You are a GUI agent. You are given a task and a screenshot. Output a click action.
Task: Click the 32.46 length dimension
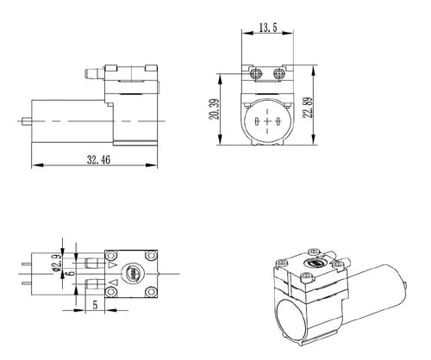pyautogui.click(x=98, y=159)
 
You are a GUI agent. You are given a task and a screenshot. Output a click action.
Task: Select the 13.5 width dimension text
pyautogui.click(x=268, y=28)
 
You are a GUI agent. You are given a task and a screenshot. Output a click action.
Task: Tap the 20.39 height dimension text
pyautogui.click(x=215, y=109)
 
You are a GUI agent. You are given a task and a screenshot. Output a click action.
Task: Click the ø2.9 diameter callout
pyautogui.click(x=57, y=263)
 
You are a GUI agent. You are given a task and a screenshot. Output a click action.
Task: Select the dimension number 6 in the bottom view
pyautogui.click(x=71, y=272)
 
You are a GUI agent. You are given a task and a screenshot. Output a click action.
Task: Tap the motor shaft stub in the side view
pyautogui.click(x=27, y=121)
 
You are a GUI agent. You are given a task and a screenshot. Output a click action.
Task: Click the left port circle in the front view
pyautogui.click(x=255, y=74)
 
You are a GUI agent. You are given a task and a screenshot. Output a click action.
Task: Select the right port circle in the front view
pyautogui.click(x=278, y=74)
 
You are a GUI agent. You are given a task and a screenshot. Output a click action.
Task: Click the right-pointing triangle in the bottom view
pyautogui.click(x=112, y=264)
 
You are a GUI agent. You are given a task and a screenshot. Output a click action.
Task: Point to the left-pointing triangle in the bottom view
pyautogui.click(x=112, y=282)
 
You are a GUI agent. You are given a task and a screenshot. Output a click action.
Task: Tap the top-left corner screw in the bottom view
pyautogui.click(x=111, y=255)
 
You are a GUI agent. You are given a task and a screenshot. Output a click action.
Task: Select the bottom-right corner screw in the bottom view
pyautogui.click(x=150, y=292)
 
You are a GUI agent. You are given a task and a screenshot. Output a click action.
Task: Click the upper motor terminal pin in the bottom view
pyautogui.click(x=26, y=264)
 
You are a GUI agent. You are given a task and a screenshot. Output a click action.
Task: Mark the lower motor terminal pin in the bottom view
pyautogui.click(x=26, y=283)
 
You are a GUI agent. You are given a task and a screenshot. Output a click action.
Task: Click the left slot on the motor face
pyautogui.click(x=257, y=121)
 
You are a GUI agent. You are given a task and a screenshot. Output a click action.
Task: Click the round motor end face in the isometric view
pyautogui.click(x=292, y=320)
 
